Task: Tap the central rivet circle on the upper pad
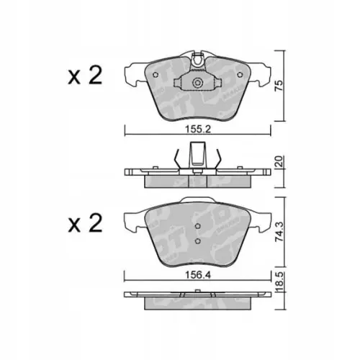[197, 84]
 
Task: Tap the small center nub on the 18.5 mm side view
[197, 293]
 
